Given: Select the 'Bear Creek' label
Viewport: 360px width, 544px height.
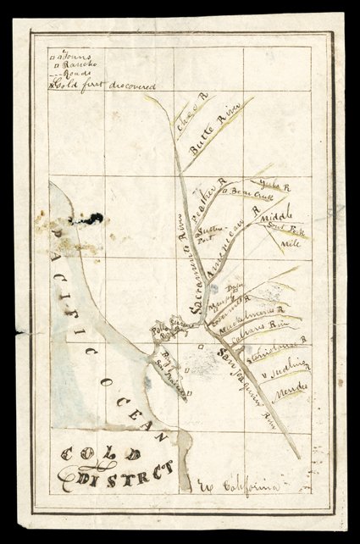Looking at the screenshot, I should (x=243, y=192).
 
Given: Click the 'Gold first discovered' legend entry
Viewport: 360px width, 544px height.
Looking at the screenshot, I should (x=89, y=85).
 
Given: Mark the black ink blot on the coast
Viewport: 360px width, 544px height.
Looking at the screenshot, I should (x=91, y=219).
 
